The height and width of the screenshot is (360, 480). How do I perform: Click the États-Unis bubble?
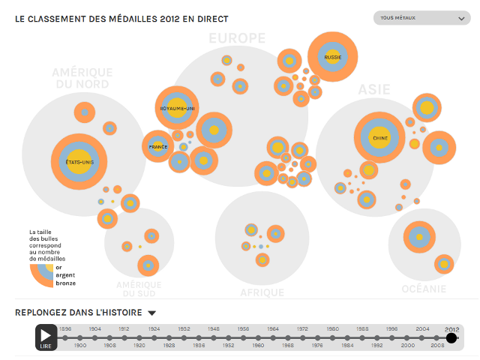(x=79, y=162)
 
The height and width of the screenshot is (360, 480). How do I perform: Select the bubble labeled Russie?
(x=332, y=57)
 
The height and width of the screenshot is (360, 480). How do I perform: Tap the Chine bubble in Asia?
(x=379, y=138)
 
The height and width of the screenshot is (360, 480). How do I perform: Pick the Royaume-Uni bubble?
(x=177, y=108)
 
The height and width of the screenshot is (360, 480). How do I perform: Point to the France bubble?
(x=158, y=146)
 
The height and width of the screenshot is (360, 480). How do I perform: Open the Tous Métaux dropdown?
(x=421, y=17)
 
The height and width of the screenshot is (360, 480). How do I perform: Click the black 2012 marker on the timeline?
(x=451, y=338)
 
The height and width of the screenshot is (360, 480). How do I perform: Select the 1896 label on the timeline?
(x=65, y=329)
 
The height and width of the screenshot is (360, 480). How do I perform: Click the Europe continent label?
(x=237, y=38)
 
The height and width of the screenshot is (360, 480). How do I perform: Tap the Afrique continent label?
(x=262, y=292)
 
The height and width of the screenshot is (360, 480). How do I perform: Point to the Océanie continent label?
(x=424, y=289)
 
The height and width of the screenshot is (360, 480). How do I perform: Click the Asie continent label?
(x=373, y=89)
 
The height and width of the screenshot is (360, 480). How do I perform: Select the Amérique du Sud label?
(x=139, y=289)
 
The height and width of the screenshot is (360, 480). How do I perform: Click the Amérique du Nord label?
(x=82, y=78)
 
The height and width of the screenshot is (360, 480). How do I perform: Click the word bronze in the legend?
(x=65, y=283)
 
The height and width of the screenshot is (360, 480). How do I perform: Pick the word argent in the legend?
(x=65, y=274)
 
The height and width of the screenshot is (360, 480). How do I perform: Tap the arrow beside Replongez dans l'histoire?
(x=151, y=313)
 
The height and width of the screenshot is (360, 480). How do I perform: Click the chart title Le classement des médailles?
(x=121, y=18)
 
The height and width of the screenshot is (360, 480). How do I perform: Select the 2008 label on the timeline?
(x=437, y=346)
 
